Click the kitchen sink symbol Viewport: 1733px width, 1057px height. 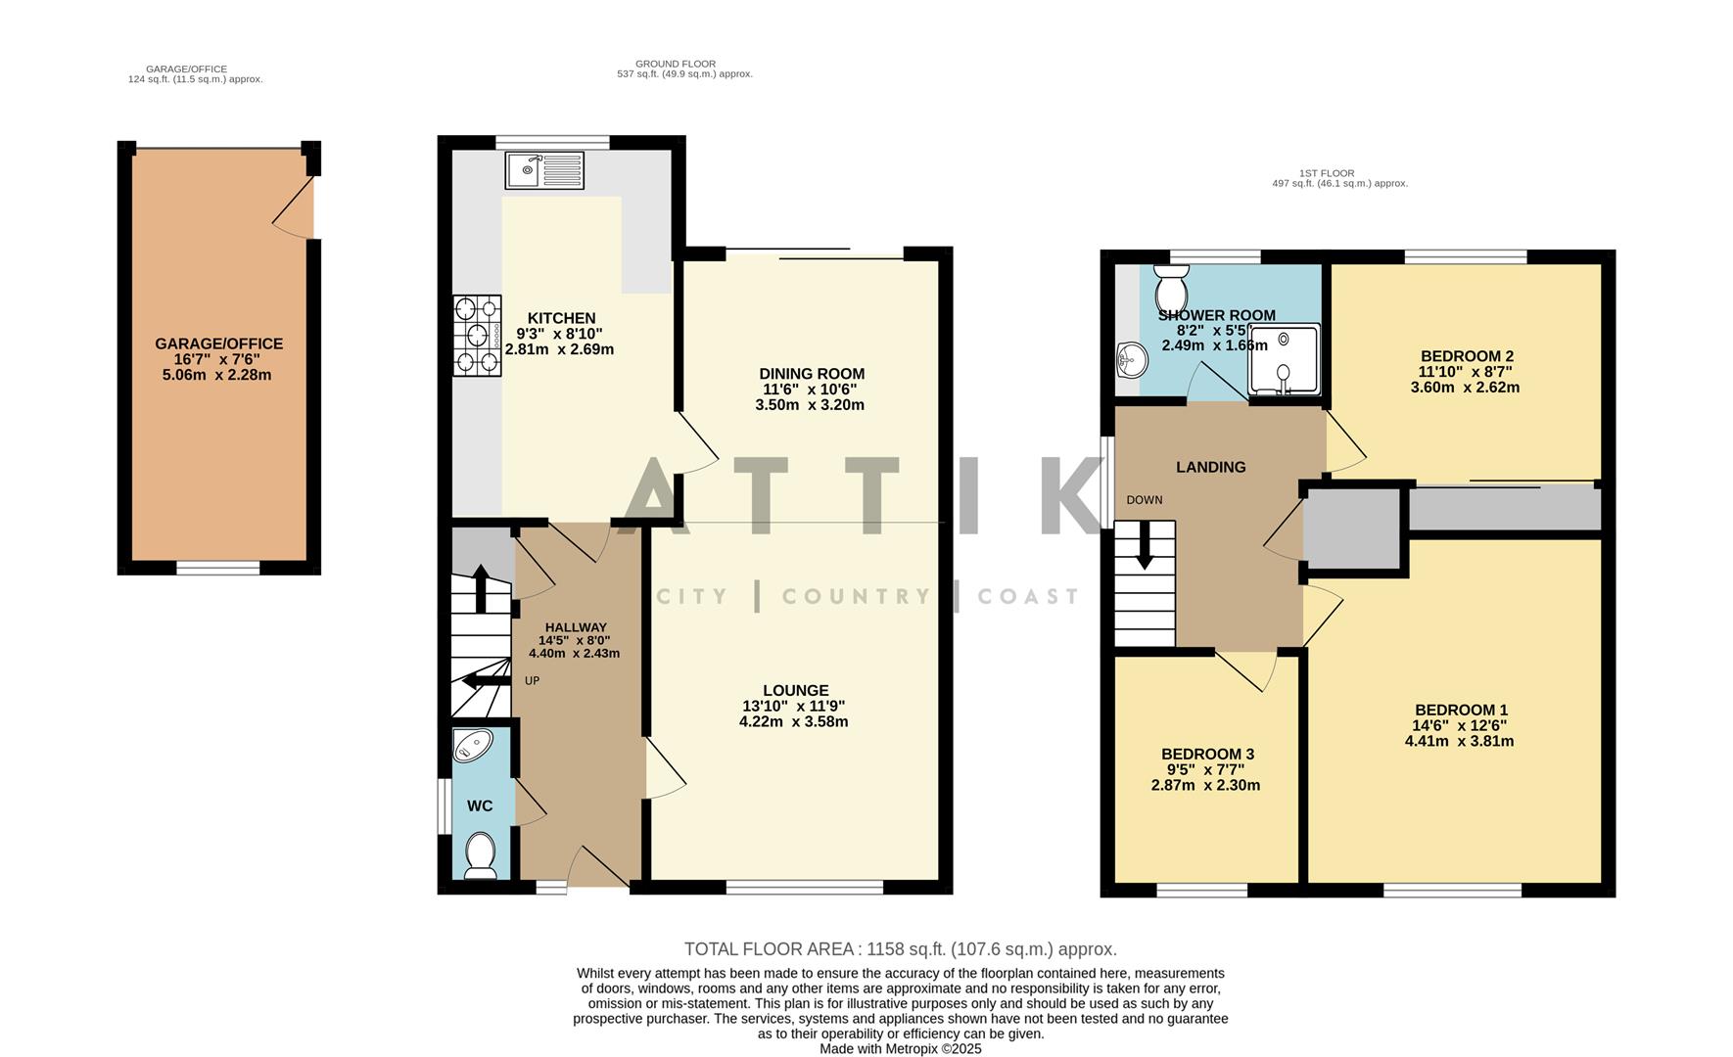(544, 170)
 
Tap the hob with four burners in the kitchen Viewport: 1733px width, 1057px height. (477, 336)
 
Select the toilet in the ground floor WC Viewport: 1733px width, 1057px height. (480, 854)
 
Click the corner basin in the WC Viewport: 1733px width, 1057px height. (473, 747)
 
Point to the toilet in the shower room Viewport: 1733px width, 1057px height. (1170, 288)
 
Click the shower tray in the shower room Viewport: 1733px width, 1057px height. (1284, 359)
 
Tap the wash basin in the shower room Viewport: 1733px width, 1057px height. (1130, 361)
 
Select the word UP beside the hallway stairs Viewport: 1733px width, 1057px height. (532, 680)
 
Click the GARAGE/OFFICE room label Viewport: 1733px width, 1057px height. (218, 344)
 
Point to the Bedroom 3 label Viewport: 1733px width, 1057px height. (1206, 754)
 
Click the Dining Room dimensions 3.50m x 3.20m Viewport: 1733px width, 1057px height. (810, 404)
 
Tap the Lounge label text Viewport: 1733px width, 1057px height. (795, 690)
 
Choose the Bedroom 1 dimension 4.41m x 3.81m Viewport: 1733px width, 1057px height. (1459, 741)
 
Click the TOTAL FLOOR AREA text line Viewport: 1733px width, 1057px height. (900, 948)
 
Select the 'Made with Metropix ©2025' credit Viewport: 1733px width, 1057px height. (900, 1048)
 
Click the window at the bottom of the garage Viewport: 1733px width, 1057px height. (217, 568)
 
